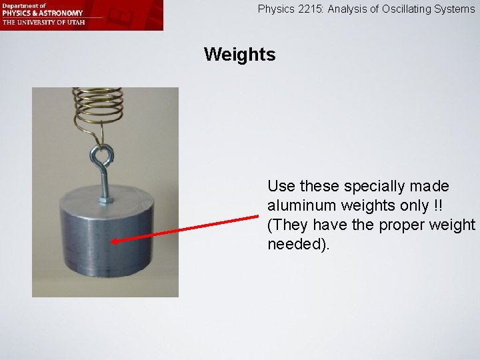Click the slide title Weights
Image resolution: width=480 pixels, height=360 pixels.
tap(239, 55)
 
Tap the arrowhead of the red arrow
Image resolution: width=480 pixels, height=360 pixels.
tap(115, 242)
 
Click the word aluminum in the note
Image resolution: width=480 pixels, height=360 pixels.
tap(301, 206)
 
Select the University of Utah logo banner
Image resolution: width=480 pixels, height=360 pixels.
tap(81, 15)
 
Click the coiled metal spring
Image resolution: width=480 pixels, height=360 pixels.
tap(98, 103)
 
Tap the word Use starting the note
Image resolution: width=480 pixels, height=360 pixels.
tap(281, 187)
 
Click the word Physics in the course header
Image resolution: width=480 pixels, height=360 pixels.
tap(275, 9)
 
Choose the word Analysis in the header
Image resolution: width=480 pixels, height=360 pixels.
tap(347, 9)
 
